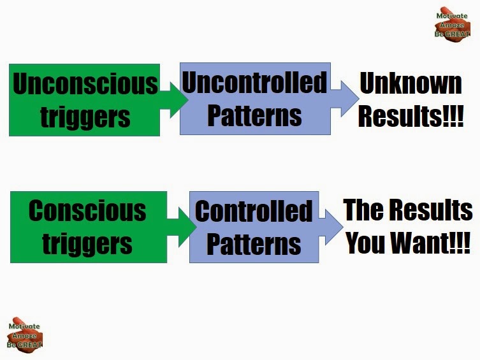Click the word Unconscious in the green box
click(85, 84)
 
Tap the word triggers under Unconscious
click(85, 117)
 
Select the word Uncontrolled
click(255, 82)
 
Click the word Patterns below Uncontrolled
click(255, 115)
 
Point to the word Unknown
click(411, 83)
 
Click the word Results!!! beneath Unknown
click(411, 116)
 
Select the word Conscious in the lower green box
click(87, 211)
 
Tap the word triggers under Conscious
click(87, 244)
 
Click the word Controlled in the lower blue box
click(254, 211)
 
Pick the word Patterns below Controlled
click(254, 244)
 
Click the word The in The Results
click(363, 210)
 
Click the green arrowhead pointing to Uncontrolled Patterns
click(178, 99)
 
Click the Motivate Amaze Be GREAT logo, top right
click(452, 24)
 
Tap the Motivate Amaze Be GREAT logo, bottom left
click(24, 335)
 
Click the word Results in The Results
click(432, 210)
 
